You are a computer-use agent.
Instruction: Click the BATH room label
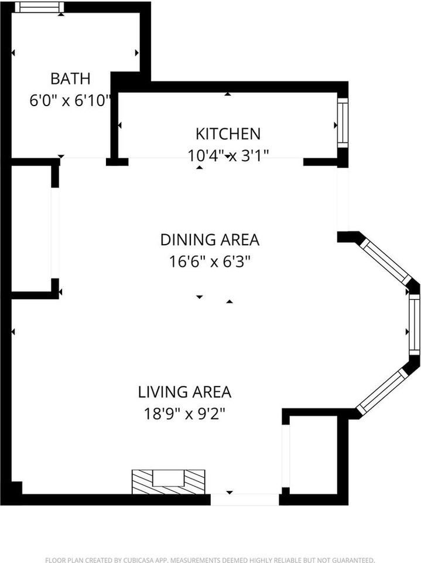(70, 79)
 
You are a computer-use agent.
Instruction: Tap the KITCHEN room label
(228, 134)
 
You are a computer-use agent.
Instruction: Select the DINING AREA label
(210, 240)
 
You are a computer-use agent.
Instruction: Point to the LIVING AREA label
(184, 392)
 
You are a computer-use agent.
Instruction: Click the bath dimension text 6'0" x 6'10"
(70, 100)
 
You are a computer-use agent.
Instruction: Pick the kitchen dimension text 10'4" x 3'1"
(228, 156)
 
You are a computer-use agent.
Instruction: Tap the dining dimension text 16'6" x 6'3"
(209, 262)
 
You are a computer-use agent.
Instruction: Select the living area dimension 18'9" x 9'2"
(184, 414)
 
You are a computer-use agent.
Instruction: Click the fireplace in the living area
(169, 481)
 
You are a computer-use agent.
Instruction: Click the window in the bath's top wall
(42, 7)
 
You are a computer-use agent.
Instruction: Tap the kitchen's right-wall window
(343, 123)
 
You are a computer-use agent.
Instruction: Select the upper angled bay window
(385, 261)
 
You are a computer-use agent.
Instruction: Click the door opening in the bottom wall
(245, 500)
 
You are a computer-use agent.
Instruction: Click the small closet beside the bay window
(313, 455)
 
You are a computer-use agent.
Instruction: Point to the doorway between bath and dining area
(83, 158)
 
